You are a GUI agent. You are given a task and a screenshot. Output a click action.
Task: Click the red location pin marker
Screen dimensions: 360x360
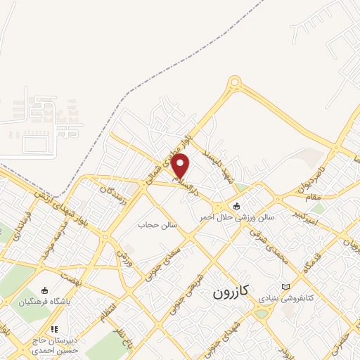click(181, 166)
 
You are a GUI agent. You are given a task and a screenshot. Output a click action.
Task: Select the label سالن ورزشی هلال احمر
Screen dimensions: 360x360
click(236, 217)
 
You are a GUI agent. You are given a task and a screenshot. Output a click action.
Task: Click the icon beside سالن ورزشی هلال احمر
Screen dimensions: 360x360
click(236, 206)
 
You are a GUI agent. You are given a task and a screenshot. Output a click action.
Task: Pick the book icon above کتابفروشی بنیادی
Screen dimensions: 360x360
click(285, 286)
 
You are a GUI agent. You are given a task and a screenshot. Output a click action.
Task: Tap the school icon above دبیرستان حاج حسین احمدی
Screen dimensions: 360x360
click(54, 328)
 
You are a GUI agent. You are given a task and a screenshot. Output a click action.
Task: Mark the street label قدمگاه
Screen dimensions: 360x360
click(307, 264)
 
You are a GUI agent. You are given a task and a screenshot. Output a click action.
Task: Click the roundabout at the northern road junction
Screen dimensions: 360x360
click(233, 85)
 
